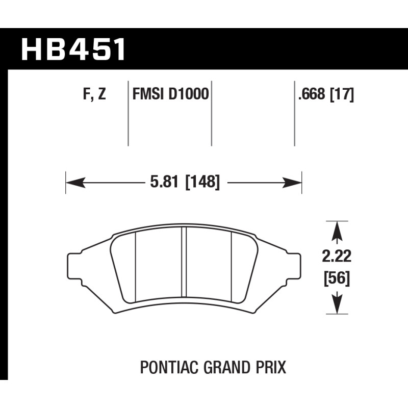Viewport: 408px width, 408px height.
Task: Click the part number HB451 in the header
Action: tap(73, 49)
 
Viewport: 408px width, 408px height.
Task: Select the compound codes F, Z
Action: tap(94, 94)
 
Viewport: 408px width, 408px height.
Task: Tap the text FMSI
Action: tap(148, 94)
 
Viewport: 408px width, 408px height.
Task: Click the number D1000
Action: tap(189, 94)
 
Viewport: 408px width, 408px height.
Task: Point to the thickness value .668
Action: tap(312, 94)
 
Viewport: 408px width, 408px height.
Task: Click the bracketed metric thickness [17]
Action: tap(342, 94)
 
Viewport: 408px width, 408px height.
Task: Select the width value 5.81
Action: tap(164, 182)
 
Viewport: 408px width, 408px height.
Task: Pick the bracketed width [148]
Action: tap(202, 182)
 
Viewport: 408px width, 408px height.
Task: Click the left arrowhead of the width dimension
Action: tap(75, 183)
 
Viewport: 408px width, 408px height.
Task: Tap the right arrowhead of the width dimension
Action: tap(292, 183)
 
